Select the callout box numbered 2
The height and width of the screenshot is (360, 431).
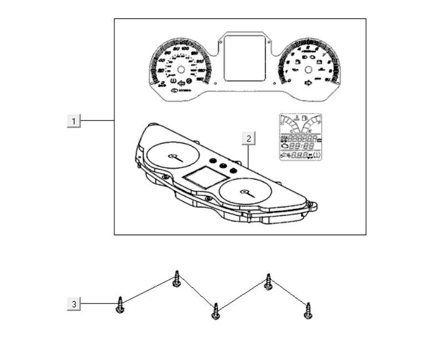tap(249, 138)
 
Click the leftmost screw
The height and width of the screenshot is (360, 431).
tap(120, 305)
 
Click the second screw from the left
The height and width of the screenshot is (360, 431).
tap(176, 278)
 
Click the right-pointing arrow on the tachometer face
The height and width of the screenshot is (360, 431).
tap(308, 83)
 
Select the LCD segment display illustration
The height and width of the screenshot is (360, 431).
tap(300, 137)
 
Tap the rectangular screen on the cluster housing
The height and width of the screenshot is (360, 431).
tap(204, 178)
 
